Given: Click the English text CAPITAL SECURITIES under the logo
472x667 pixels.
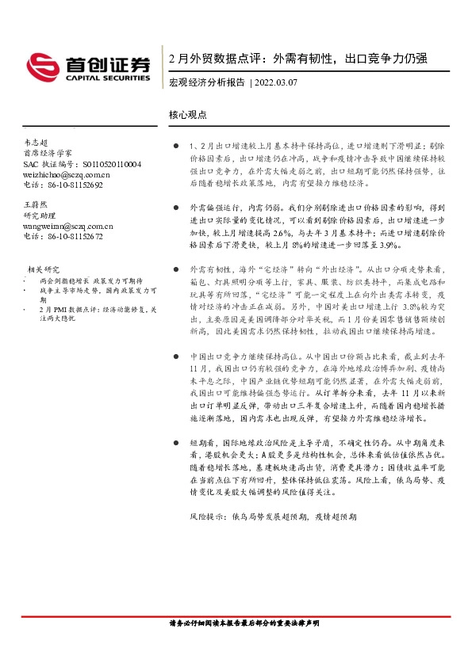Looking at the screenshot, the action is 106,78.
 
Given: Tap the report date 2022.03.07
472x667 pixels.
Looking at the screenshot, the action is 277,82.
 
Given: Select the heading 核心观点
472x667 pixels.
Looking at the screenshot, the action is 188,114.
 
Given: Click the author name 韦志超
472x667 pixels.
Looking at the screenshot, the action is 36,140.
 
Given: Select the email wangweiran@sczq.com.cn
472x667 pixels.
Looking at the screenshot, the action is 68,226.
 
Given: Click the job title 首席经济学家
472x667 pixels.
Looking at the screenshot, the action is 48,151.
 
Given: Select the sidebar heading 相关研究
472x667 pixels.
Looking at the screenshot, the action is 44,269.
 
